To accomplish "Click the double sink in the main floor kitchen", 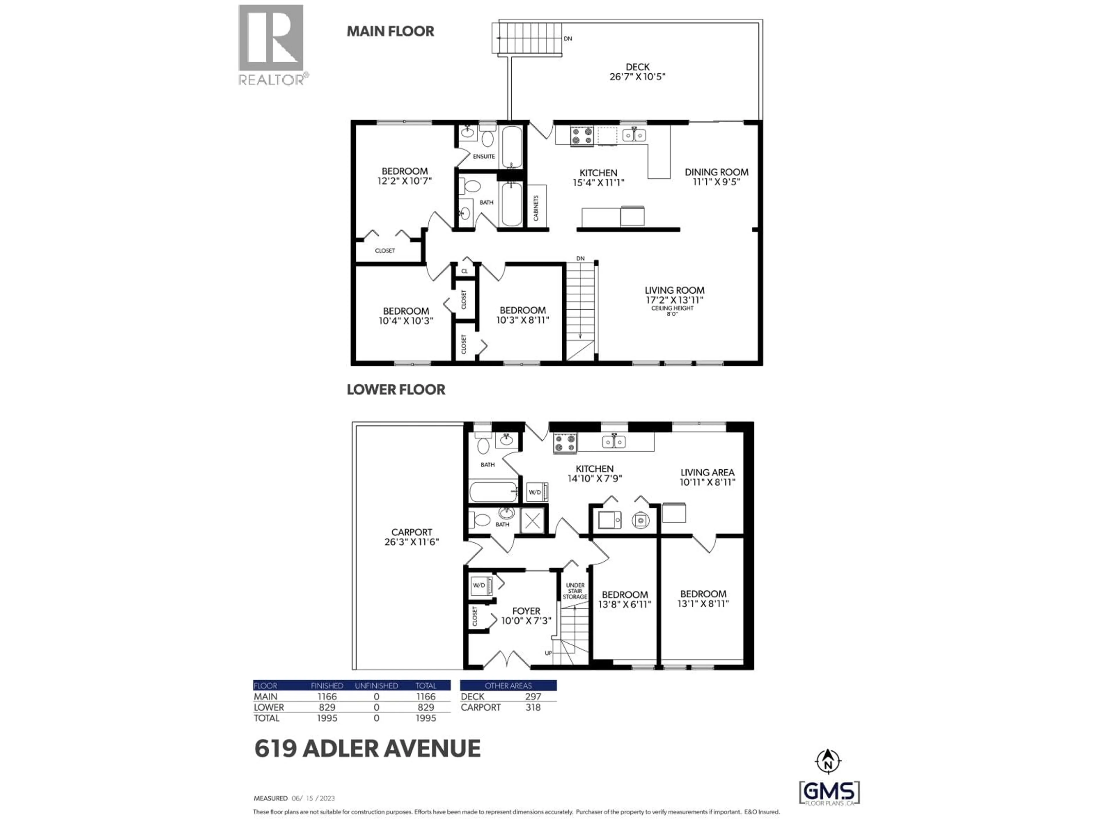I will point(634,135).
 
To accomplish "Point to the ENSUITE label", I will point(484,157).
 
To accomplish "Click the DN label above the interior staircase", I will point(580,259).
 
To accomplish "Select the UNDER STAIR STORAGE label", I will point(575,591).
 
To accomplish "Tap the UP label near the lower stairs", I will point(548,653).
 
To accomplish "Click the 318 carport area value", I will point(533,707).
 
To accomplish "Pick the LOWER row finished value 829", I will point(327,707).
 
